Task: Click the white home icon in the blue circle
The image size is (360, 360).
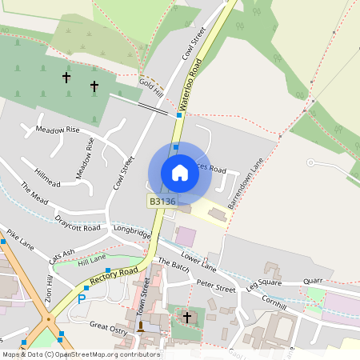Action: click(x=179, y=173)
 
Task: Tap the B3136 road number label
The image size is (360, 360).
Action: click(x=162, y=202)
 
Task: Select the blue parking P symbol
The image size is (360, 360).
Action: click(x=81, y=299)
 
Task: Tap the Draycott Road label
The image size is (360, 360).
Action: click(x=78, y=223)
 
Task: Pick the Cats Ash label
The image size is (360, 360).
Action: click(x=62, y=256)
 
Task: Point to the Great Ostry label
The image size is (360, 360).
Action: click(x=109, y=326)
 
